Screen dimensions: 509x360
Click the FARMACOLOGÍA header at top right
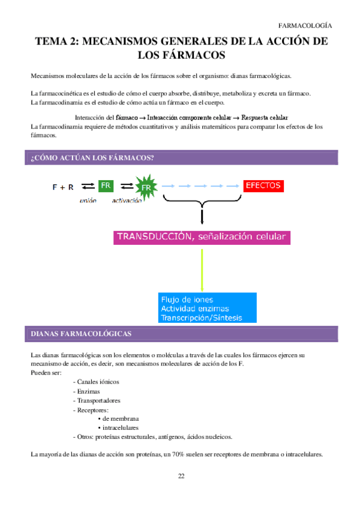[305, 26]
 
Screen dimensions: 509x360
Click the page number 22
[181, 476]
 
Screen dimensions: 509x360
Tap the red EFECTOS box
[263, 185]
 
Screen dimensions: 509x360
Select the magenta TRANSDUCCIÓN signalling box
[202, 236]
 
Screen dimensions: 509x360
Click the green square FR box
[106, 186]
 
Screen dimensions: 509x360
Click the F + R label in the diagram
[62, 187]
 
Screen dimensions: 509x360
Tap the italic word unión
[88, 200]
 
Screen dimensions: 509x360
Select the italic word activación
[127, 200]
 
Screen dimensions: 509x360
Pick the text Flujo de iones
[187, 299]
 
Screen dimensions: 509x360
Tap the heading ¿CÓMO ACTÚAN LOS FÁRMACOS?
[92, 158]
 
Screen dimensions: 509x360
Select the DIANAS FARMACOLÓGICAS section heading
[81, 333]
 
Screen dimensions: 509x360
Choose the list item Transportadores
[99, 400]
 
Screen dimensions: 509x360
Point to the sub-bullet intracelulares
[121, 428]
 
